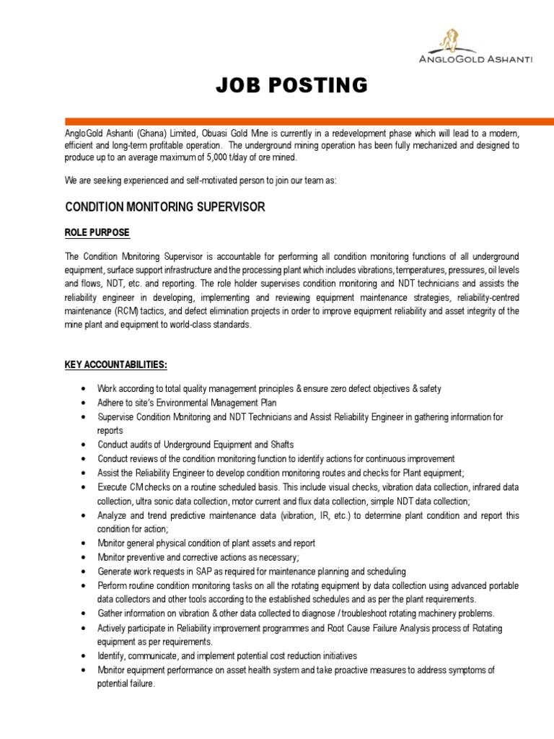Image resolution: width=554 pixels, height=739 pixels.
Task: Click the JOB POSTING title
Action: click(x=291, y=86)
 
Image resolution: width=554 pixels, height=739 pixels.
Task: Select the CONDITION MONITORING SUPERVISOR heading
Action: click(x=165, y=207)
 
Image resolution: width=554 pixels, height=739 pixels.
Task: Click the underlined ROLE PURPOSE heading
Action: click(x=97, y=232)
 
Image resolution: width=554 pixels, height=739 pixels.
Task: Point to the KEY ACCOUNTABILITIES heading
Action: click(x=116, y=364)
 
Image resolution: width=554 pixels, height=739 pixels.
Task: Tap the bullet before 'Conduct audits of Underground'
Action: click(x=86, y=445)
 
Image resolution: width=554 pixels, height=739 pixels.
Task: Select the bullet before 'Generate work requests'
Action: click(x=86, y=572)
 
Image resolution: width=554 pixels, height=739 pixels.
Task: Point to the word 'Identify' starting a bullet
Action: click(x=113, y=656)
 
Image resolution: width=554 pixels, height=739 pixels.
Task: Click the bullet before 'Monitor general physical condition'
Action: click(x=86, y=543)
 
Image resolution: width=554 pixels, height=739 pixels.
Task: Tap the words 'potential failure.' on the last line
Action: click(x=126, y=683)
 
